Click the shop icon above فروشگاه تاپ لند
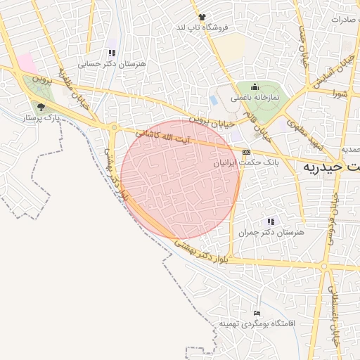(202, 17)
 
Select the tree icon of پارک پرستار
(41, 107)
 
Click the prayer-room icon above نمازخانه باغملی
(255, 86)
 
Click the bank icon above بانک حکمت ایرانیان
(246, 152)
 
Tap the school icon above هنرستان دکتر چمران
(271, 221)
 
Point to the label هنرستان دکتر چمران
(268, 233)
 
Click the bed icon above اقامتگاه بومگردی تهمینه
(256, 313)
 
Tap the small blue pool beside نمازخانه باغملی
(214, 100)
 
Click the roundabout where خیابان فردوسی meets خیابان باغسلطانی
(324, 266)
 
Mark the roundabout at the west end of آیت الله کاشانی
(113, 128)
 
